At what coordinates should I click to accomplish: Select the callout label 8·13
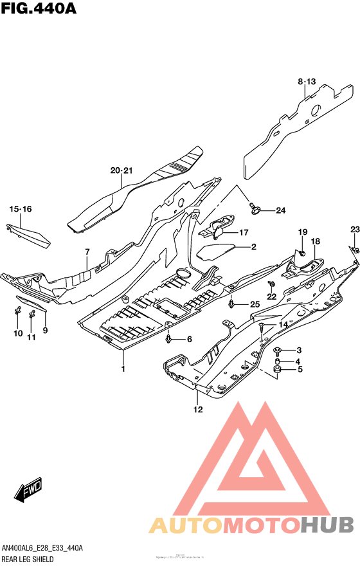click(307, 81)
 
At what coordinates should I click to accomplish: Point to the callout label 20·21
click(121, 170)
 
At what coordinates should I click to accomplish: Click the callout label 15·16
click(20, 209)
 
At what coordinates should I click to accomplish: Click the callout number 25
click(255, 304)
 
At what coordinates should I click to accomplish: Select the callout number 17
click(244, 232)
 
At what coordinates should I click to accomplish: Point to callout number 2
click(253, 247)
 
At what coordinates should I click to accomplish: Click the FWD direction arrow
click(30, 492)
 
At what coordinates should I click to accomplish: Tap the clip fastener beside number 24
click(256, 206)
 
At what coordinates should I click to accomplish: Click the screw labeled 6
click(168, 338)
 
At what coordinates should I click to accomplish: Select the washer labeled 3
click(277, 350)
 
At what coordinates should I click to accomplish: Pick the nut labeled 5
click(277, 369)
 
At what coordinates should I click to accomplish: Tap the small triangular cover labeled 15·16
click(29, 234)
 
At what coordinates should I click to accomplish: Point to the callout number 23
click(354, 230)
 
